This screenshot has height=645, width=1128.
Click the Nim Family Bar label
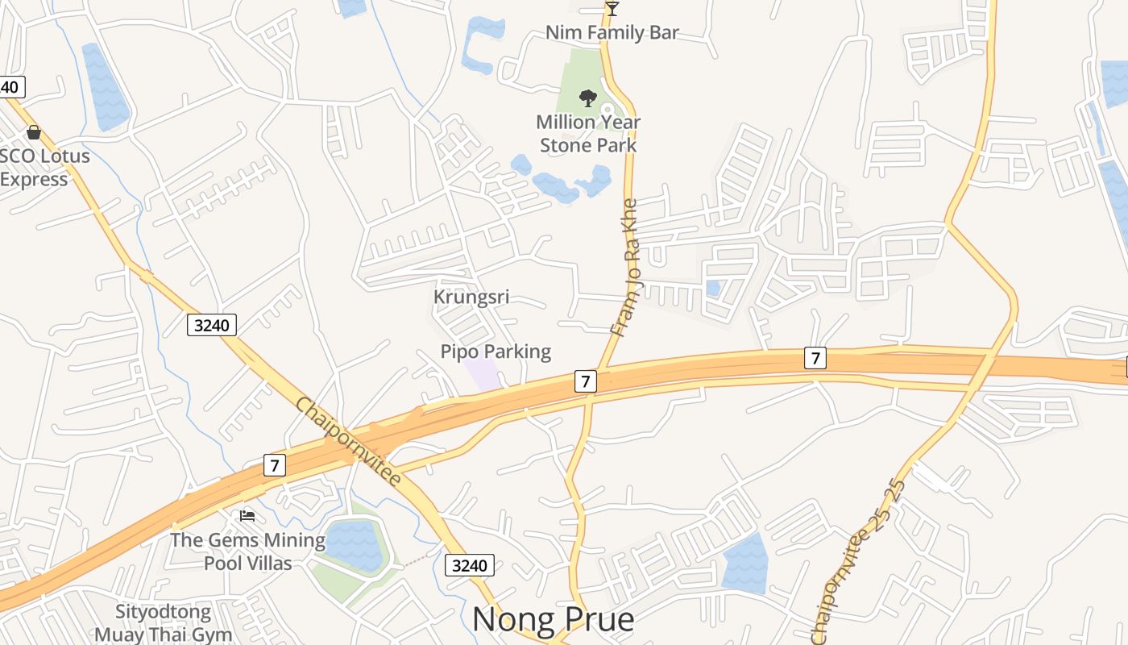coord(612,33)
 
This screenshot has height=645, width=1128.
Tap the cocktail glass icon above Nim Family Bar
coord(612,9)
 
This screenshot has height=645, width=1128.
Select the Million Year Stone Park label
coord(588,134)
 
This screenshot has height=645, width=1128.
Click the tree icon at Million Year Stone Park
coord(588,98)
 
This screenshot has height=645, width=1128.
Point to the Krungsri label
coord(471,297)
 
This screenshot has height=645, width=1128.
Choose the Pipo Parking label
coord(496,352)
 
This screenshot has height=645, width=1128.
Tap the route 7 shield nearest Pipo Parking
coord(586,381)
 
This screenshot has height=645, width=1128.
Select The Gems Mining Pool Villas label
coord(247,551)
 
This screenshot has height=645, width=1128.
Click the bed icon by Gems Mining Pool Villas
coord(247,514)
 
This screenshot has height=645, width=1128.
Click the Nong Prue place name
coord(553,619)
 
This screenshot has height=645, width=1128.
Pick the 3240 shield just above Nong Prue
coord(470,565)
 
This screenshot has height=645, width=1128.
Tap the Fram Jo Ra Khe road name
coord(625,268)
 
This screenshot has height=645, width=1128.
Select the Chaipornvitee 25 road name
coord(861,560)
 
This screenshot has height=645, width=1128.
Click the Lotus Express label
coord(44,167)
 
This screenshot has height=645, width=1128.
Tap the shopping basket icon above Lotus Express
coord(34,132)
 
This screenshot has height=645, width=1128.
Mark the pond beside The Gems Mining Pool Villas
coord(354,545)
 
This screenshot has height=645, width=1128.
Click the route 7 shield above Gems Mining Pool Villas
coord(275,465)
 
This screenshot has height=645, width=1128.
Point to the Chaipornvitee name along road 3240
coord(347,441)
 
